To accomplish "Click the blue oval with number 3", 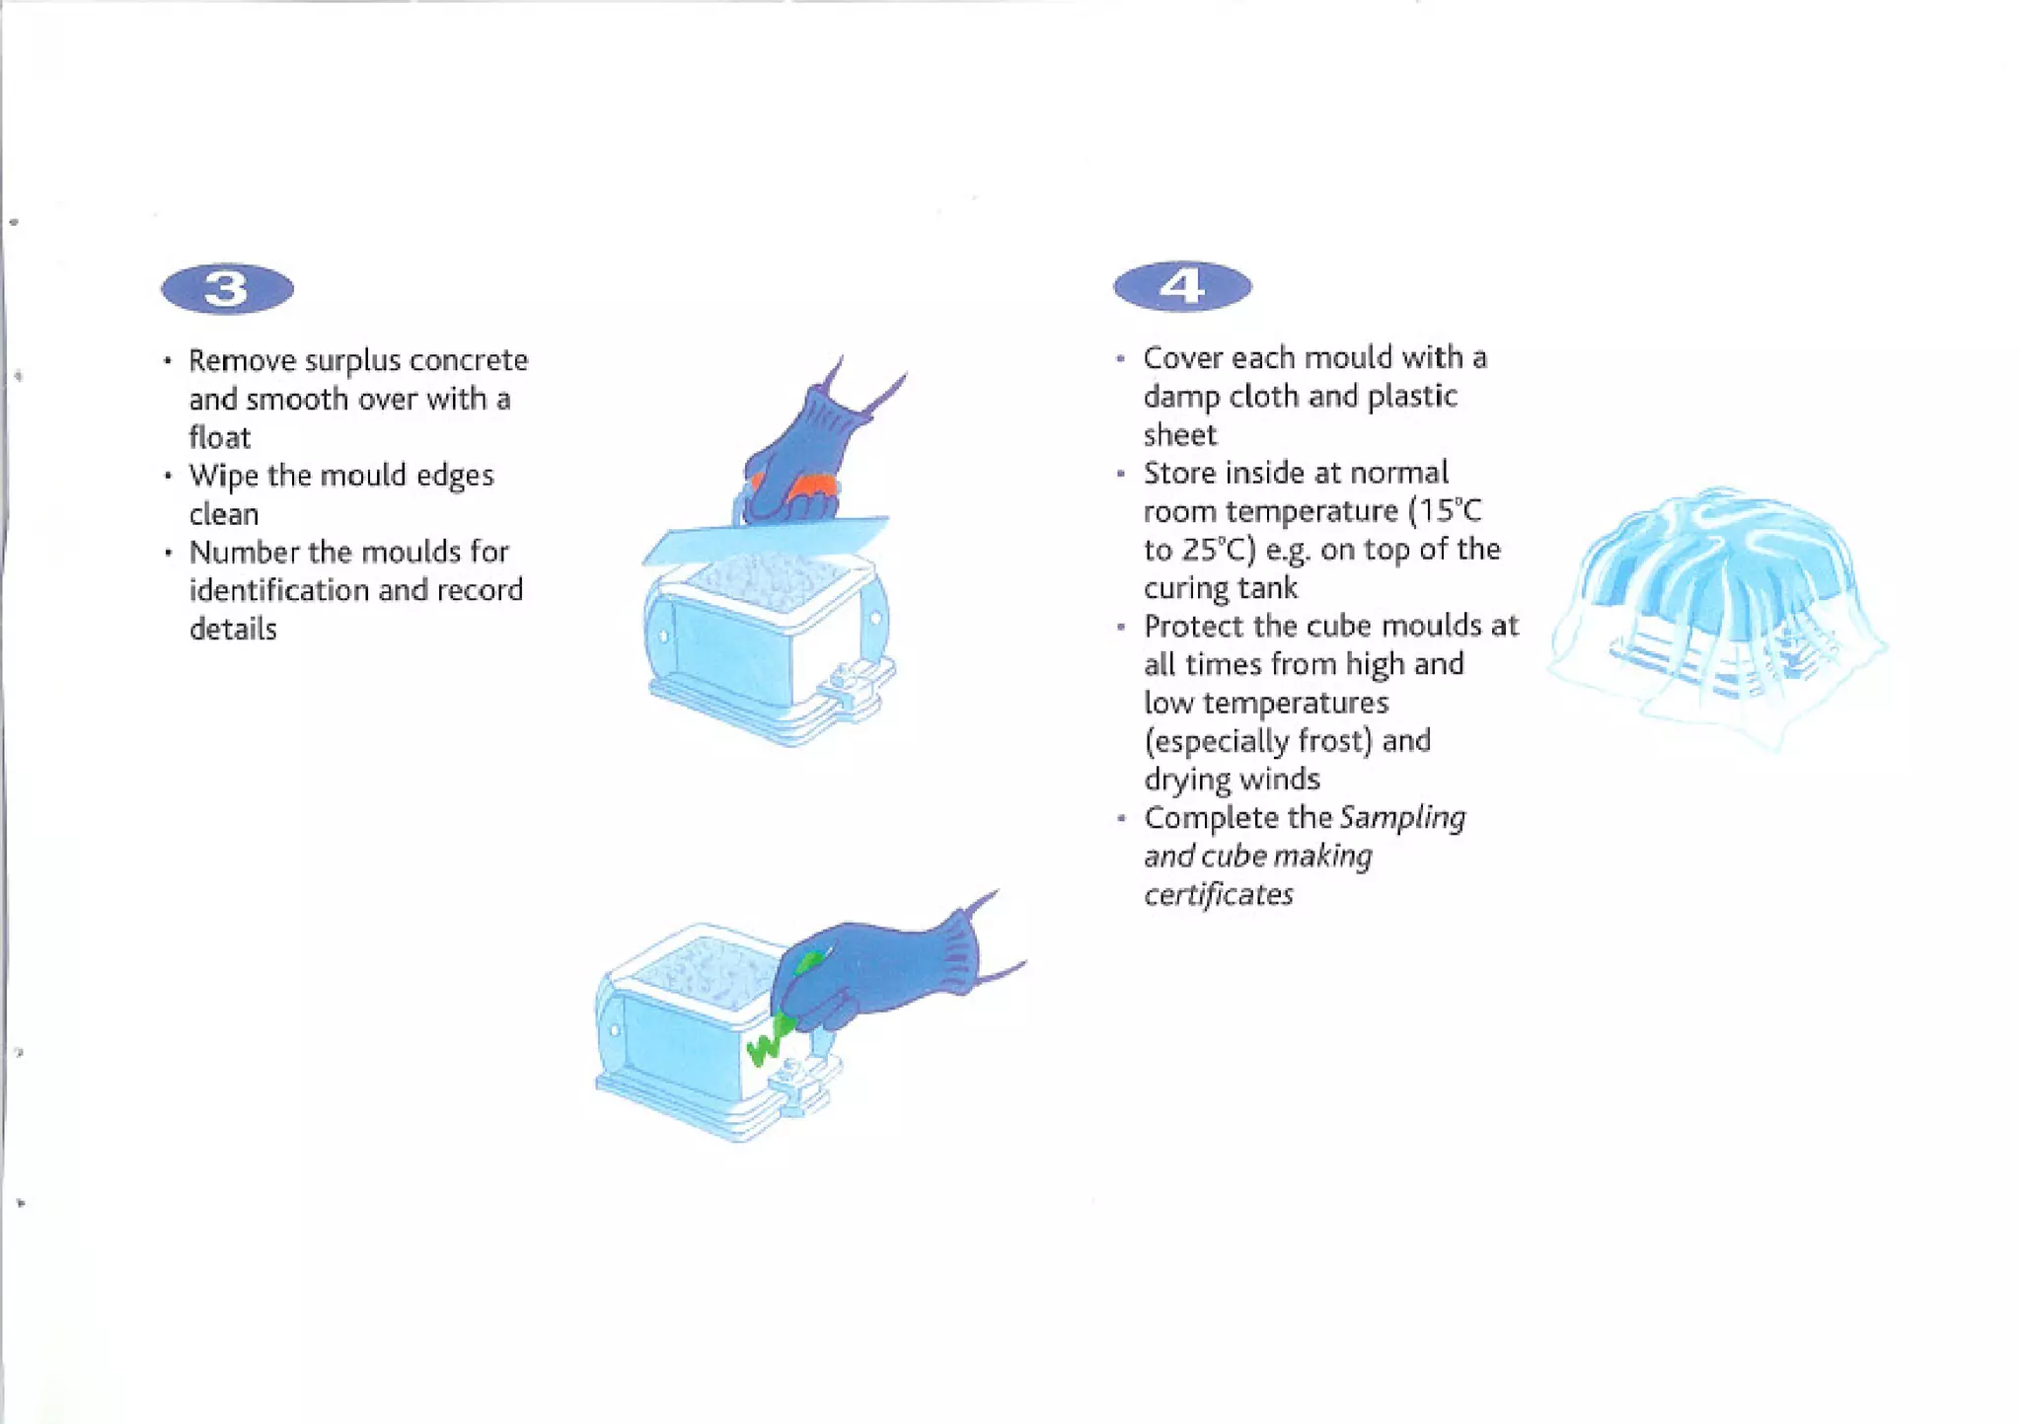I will (x=227, y=289).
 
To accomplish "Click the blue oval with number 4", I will (x=1182, y=287).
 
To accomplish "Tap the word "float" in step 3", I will (x=219, y=437).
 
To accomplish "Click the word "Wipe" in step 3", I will (x=223, y=476).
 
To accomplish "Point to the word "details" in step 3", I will (x=233, y=629).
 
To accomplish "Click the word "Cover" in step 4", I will (x=1182, y=357).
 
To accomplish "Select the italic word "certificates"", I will (x=1218, y=894).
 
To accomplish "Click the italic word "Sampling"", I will (x=1402, y=818).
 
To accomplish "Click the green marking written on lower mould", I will (x=768, y=1042).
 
